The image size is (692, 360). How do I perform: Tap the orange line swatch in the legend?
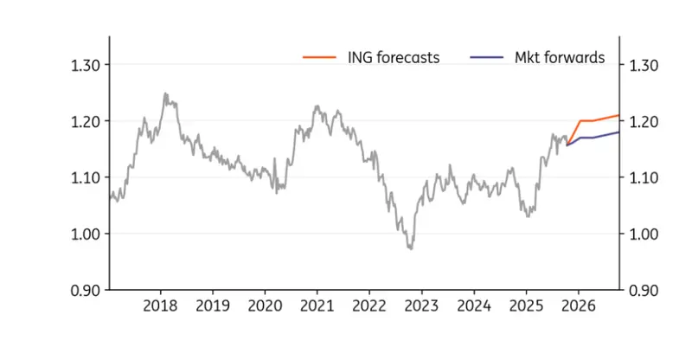318,58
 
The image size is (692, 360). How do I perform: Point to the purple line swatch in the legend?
485,58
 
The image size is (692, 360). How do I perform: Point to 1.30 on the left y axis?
86,65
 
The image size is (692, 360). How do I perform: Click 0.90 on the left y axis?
86,290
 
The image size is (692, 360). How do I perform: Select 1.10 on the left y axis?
86,177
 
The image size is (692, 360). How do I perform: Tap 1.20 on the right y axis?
646,121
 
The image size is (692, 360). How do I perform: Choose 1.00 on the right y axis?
646,234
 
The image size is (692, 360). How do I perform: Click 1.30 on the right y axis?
646,65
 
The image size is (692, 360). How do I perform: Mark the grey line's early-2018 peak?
164,93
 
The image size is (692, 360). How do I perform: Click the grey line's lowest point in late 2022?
411,248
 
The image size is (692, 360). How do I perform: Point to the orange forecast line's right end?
619,115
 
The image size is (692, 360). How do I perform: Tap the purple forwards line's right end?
619,132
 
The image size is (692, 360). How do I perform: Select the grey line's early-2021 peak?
317,106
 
